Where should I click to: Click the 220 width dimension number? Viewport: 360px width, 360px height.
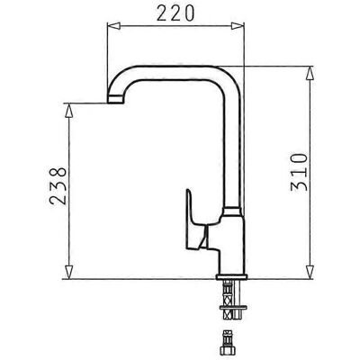pyautogui.click(x=175, y=13)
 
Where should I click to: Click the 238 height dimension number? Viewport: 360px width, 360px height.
pyautogui.click(x=58, y=186)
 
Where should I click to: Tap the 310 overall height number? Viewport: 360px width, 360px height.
pyautogui.click(x=299, y=172)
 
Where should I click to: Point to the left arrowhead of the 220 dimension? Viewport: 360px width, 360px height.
pyautogui.click(x=113, y=26)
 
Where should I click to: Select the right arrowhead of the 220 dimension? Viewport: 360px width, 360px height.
pyautogui.click(x=238, y=26)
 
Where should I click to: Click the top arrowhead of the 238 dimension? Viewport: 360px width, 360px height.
pyautogui.click(x=69, y=110)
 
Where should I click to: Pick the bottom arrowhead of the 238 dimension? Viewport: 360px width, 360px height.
pyautogui.click(x=69, y=272)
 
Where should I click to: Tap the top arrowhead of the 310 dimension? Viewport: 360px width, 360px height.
pyautogui.click(x=310, y=73)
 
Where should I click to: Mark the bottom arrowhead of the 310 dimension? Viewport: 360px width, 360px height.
pyautogui.click(x=310, y=272)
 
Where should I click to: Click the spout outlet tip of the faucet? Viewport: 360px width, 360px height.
pyautogui.click(x=115, y=99)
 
